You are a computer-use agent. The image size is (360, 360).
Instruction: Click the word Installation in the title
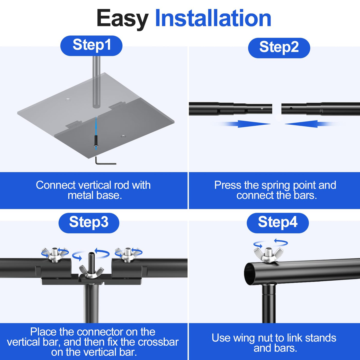point(213,19)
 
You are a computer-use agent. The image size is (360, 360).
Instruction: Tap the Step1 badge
point(92,45)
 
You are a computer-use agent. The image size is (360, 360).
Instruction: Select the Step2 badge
point(279,48)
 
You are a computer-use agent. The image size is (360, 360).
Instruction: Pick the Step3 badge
point(89,223)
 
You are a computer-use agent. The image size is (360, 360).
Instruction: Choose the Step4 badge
point(278,223)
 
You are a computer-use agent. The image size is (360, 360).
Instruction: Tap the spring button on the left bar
point(262,108)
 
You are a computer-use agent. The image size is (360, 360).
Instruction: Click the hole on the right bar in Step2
point(291,108)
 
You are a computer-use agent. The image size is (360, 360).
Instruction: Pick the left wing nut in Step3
point(55,254)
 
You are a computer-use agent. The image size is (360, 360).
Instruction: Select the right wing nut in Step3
point(128,254)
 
